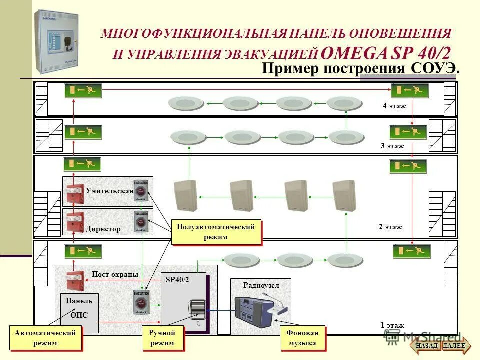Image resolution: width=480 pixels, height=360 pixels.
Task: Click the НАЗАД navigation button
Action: point(426,345)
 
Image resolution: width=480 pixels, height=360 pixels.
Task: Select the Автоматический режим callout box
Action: point(45,338)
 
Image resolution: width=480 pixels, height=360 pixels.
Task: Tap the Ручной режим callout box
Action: point(162,338)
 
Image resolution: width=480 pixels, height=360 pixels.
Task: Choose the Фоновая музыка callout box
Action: point(302,338)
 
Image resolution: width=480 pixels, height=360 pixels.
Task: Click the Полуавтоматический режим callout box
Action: point(216,232)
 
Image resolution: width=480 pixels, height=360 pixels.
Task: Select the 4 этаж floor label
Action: point(394,106)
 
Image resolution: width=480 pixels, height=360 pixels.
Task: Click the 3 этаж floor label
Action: point(392,146)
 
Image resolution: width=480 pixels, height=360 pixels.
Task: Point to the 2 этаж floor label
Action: point(390,227)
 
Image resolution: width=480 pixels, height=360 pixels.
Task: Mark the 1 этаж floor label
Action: point(392,325)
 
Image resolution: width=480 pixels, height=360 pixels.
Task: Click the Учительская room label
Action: point(109,191)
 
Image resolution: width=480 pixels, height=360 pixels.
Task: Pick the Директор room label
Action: point(103,229)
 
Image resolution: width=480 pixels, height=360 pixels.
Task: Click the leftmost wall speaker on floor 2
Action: point(185,196)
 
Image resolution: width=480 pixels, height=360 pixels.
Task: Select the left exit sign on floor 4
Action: point(83,91)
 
